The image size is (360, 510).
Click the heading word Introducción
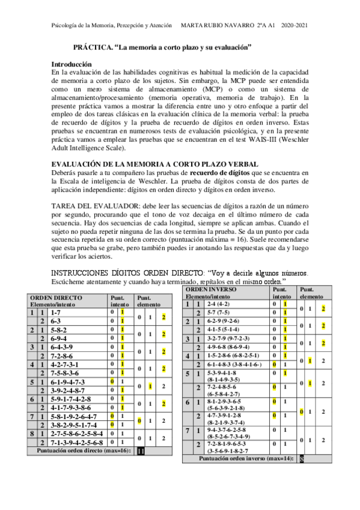[x=72, y=63]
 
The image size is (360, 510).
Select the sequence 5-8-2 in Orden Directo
[x=59, y=330]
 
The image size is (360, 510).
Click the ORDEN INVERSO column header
[x=211, y=289]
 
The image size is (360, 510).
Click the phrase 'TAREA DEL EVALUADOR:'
[x=85, y=206]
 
